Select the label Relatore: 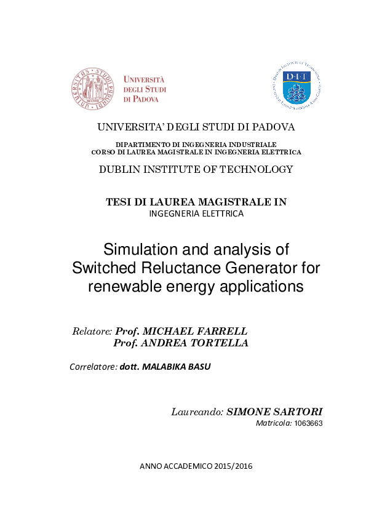pyautogui.click(x=92, y=331)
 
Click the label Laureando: pyautogui.click(x=197, y=412)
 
